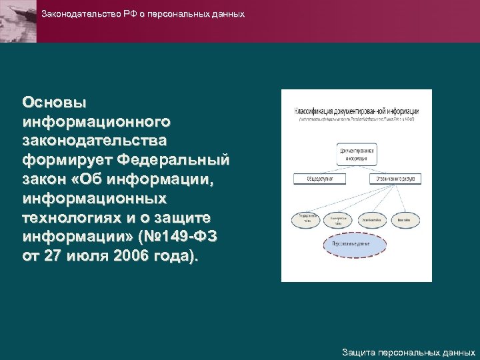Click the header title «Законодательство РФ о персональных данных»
click(143, 14)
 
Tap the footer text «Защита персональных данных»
click(408, 351)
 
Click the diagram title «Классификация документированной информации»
click(357, 110)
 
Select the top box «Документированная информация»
click(357, 154)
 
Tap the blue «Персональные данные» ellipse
click(355, 245)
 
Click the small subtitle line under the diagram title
click(357, 119)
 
